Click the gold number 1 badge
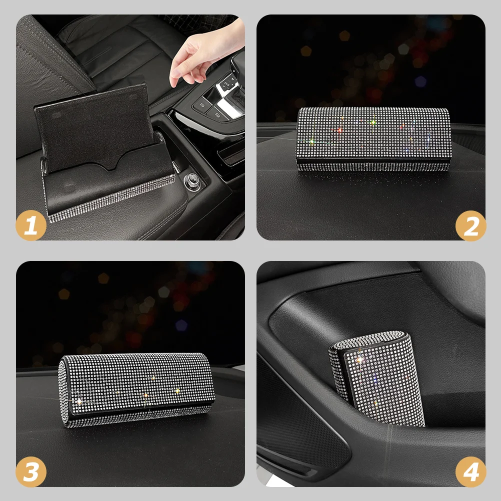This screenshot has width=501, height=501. [x=31, y=225]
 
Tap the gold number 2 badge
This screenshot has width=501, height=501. [x=470, y=225]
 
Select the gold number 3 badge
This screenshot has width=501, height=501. [x=31, y=471]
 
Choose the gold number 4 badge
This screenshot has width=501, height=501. [x=470, y=471]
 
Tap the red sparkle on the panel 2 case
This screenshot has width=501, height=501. [x=339, y=130]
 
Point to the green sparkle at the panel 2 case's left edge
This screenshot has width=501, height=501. [x=311, y=140]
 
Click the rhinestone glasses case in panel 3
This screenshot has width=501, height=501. [x=136, y=390]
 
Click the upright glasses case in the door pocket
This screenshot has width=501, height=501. [x=377, y=378]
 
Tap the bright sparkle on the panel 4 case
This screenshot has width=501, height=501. [x=359, y=360]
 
